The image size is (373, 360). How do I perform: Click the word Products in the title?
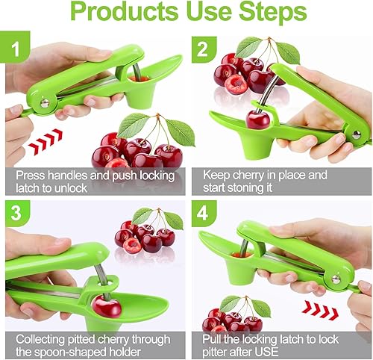[125, 12]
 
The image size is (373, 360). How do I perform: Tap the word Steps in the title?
[273, 12]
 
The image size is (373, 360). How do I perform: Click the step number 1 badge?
[16, 46]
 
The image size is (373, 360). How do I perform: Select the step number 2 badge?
[202, 49]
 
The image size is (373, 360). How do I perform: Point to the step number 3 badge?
[16, 213]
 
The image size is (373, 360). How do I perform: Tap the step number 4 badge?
[202, 213]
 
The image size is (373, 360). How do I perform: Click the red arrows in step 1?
[46, 142]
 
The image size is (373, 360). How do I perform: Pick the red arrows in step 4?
[320, 310]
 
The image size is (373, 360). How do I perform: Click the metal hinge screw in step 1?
[45, 103]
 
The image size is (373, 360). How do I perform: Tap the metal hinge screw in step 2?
[357, 134]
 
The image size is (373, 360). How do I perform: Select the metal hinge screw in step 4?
[336, 279]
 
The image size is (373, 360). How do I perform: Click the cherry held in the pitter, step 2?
[258, 120]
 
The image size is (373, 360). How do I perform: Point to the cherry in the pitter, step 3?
[107, 307]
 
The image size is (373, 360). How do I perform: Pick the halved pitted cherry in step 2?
[236, 84]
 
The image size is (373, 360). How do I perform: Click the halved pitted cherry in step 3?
[132, 246]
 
